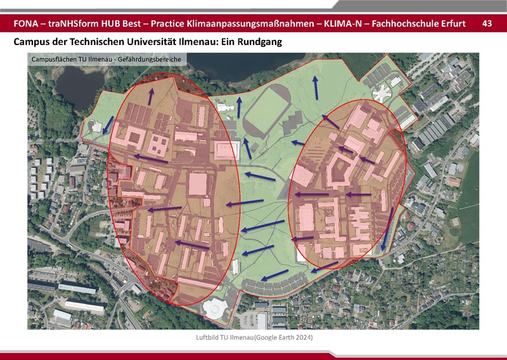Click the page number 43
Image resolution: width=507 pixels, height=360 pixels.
point(487,23)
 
